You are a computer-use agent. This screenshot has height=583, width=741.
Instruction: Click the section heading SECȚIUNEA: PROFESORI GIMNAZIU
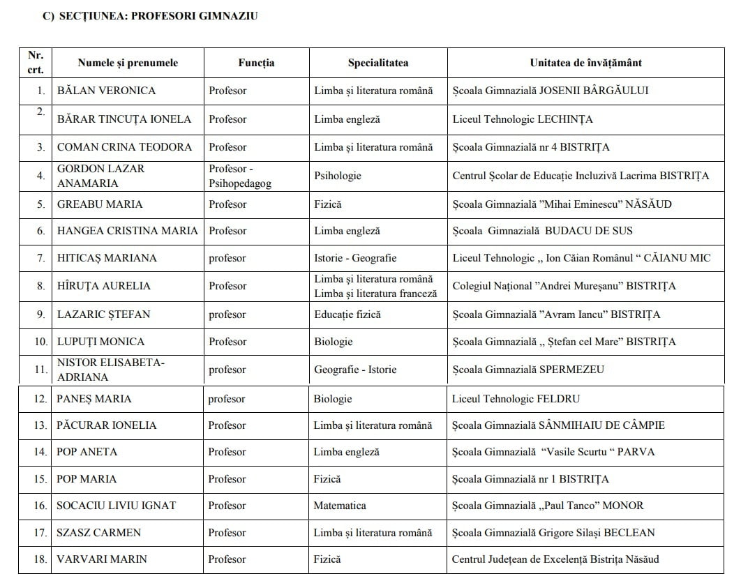point(151,16)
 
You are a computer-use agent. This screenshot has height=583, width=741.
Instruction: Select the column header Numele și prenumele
point(128,63)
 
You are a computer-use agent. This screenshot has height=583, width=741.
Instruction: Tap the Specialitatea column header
point(378,63)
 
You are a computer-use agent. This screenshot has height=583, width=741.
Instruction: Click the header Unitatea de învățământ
point(585,63)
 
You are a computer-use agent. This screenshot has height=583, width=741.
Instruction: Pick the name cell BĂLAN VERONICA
point(106,91)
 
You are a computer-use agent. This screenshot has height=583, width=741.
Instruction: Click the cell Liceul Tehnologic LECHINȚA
point(522,119)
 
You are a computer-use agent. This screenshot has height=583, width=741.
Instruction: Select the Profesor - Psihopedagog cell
point(241,176)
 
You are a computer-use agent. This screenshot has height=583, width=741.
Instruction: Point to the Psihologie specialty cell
point(338,176)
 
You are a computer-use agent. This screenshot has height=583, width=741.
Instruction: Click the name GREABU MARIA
point(100,204)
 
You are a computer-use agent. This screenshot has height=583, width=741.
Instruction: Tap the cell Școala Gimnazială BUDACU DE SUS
point(542,231)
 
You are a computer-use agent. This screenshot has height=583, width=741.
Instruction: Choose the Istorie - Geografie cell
point(355,258)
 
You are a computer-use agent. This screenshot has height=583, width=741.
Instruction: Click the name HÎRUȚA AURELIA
point(103,286)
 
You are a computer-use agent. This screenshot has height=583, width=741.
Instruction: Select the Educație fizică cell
point(347,315)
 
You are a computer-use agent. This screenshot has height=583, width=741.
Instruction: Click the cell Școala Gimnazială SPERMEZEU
point(527,370)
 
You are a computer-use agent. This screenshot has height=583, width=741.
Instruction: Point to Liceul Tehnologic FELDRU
point(516,400)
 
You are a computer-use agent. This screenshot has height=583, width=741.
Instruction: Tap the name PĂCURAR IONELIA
point(106,425)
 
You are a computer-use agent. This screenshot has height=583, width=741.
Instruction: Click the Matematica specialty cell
point(340,506)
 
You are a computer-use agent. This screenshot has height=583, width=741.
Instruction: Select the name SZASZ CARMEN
point(98,533)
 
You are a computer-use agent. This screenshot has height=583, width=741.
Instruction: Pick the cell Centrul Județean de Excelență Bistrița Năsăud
point(555,559)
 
